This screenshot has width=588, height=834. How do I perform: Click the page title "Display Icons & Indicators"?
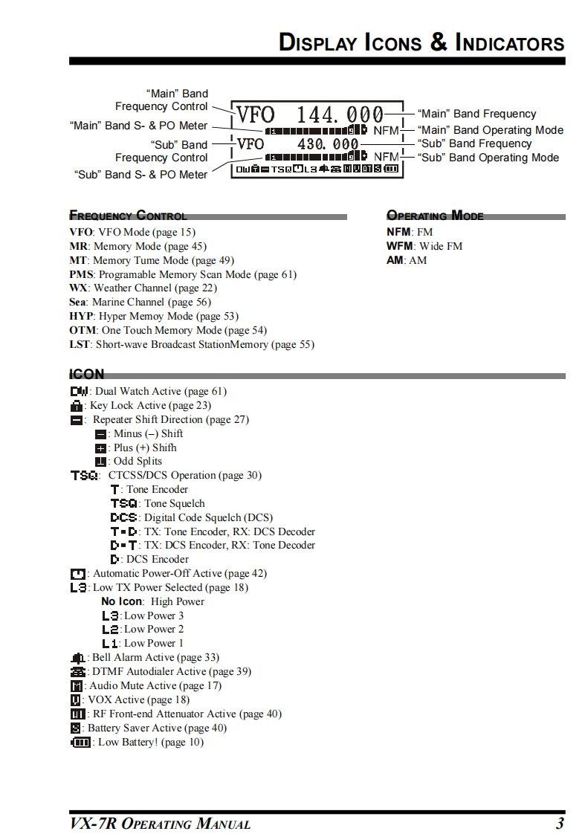point(421,42)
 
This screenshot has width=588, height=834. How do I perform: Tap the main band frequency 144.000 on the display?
point(340,115)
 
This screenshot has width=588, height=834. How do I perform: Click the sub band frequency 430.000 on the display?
point(328,143)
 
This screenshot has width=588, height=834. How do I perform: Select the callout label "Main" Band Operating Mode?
point(491,130)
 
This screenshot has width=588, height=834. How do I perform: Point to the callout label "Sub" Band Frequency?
point(475,143)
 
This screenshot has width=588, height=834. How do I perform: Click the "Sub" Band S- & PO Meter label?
point(141,175)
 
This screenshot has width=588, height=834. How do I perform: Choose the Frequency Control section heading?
point(128,216)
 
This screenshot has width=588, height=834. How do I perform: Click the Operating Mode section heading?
point(435,216)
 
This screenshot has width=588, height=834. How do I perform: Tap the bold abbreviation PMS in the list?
point(80,274)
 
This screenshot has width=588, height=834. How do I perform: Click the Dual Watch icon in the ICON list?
point(79,392)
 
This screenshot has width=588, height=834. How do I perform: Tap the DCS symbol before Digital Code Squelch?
point(123,518)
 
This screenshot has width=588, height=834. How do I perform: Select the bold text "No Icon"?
point(122,601)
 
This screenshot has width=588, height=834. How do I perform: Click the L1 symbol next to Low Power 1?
point(110,644)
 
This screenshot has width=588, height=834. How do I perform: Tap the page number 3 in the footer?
point(559,823)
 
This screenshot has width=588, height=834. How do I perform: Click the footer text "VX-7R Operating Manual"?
point(160,824)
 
